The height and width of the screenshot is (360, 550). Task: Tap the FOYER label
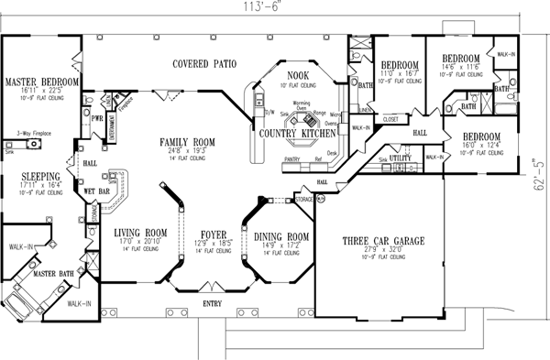[x=213, y=234]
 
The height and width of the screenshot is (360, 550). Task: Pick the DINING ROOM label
[x=280, y=234]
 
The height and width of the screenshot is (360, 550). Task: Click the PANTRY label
[x=294, y=159]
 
